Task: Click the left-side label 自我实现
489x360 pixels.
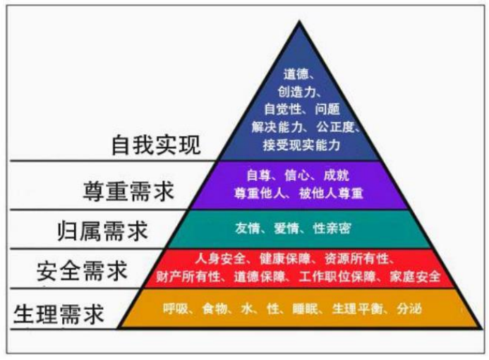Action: pyautogui.click(x=156, y=145)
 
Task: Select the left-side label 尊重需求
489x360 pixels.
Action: pyautogui.click(x=128, y=191)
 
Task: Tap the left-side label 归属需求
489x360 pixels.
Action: pyautogui.click(x=102, y=231)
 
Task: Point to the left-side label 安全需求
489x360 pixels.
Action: pyautogui.click(x=82, y=271)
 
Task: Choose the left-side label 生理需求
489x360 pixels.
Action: pyautogui.click(x=59, y=314)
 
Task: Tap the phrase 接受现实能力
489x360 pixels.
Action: pyautogui.click(x=301, y=145)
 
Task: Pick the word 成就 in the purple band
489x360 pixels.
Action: pyautogui.click(x=336, y=176)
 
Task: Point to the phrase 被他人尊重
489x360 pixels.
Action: pyautogui.click(x=331, y=193)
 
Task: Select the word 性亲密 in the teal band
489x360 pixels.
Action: pyautogui.click(x=332, y=229)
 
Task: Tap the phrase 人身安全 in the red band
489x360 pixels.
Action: pyautogui.click(x=220, y=259)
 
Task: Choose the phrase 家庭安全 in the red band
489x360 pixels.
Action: pyautogui.click(x=415, y=277)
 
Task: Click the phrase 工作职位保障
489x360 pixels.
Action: pyautogui.click(x=337, y=277)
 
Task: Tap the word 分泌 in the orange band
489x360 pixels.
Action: pyautogui.click(x=409, y=309)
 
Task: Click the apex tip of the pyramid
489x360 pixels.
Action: pyautogui.click(x=300, y=21)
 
